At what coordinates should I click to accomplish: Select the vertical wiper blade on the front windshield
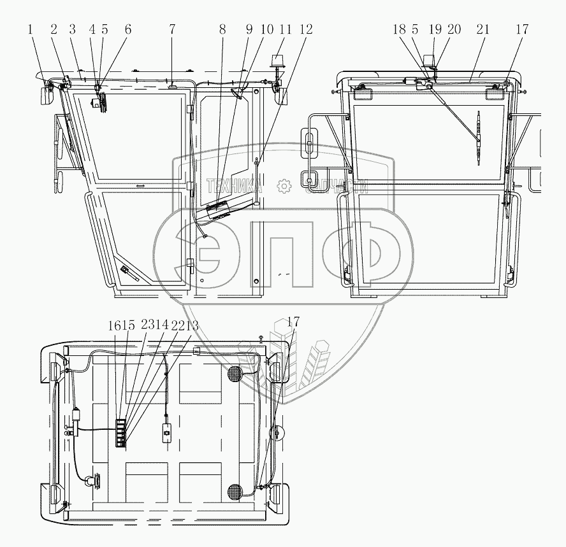pyautogui.click(x=479, y=138)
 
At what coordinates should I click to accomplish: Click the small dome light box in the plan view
pyautogui.click(x=168, y=432)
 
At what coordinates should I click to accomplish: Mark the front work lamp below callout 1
pyautogui.click(x=46, y=96)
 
